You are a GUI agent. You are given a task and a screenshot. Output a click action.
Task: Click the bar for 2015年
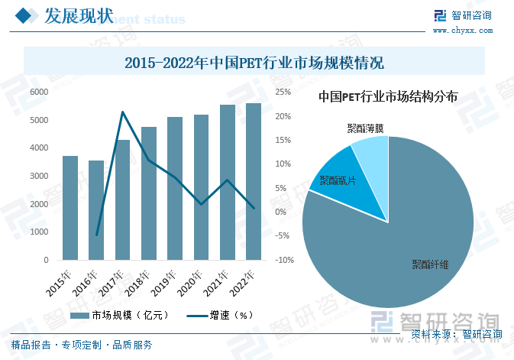pyautogui.click(x=70, y=208)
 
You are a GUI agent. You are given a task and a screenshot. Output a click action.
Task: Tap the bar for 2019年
pyautogui.click(x=175, y=189)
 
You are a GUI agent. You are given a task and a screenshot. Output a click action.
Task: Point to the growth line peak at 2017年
pyautogui.click(x=123, y=112)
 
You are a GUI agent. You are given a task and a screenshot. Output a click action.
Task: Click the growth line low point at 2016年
pyautogui.click(x=97, y=235)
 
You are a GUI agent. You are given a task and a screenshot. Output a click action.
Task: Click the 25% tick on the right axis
pyautogui.click(x=283, y=92)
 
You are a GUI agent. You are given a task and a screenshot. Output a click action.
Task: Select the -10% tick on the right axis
pyautogui.click(x=284, y=260)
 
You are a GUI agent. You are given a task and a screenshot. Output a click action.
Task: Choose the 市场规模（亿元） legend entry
pyautogui.click(x=118, y=315)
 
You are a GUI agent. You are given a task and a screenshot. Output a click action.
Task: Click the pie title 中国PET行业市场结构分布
pyautogui.click(x=388, y=97)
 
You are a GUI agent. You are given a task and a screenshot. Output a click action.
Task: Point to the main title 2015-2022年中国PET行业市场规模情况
pyautogui.click(x=254, y=62)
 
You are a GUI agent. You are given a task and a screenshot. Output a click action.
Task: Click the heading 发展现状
pyautogui.click(x=78, y=15)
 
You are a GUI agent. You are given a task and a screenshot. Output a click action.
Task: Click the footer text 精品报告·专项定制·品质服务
pyautogui.click(x=82, y=345)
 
